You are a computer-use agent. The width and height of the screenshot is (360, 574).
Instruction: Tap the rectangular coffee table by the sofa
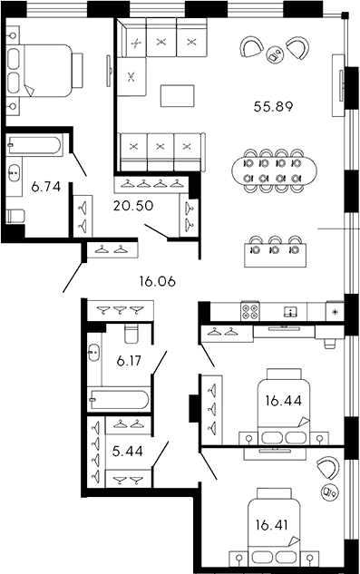tap(177, 95)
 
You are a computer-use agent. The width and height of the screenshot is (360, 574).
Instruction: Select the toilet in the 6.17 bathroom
tap(131, 333)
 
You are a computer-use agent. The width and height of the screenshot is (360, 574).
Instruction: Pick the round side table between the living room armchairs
tap(278, 54)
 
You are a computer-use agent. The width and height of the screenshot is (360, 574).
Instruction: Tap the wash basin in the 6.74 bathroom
tap(15, 170)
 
